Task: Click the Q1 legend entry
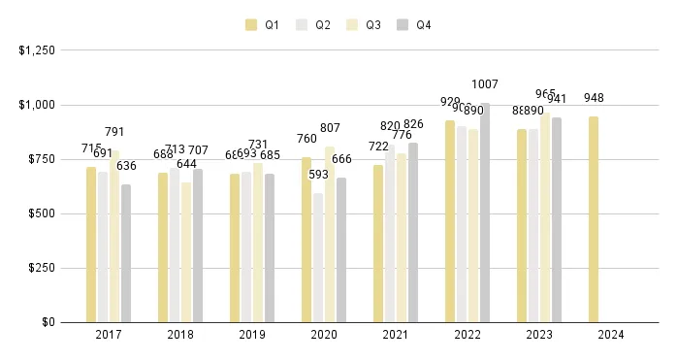coord(265,24)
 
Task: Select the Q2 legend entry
coord(315,24)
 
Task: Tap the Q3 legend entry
coord(366,24)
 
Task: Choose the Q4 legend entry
coord(416,24)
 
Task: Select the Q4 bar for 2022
coord(485,213)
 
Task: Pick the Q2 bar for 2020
coord(318,257)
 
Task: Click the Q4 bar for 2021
coord(413,232)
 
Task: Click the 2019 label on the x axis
coord(252,335)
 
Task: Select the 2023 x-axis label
coord(539,335)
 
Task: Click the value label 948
coord(595,98)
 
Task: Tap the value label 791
coord(114,132)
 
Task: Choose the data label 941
coord(557,99)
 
